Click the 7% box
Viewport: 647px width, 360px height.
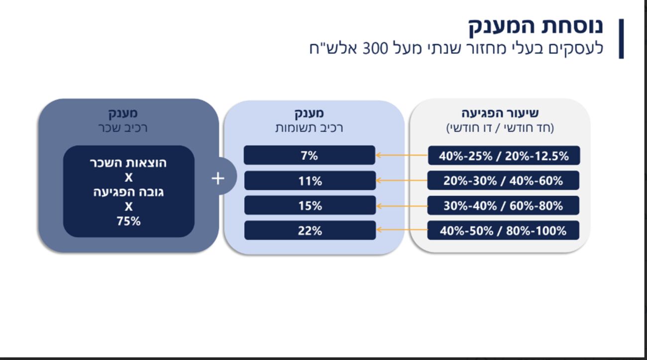tap(310, 155)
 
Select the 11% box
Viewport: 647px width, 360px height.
tap(310, 181)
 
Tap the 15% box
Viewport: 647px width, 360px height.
tap(310, 206)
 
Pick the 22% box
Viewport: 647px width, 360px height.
tap(310, 230)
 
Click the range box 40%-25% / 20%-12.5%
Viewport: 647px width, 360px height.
tap(504, 155)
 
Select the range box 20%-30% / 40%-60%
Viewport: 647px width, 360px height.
tap(503, 180)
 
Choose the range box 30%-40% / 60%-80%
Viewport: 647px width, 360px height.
tap(503, 206)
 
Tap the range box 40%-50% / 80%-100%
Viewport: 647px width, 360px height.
tap(503, 230)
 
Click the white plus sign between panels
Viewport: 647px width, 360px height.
tap(218, 178)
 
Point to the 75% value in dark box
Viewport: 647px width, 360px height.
tap(128, 221)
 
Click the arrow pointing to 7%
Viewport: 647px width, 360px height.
tap(402, 155)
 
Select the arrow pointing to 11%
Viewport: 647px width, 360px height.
tap(402, 180)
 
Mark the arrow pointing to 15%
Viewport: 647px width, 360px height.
tap(402, 206)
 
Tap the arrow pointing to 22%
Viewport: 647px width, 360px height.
tap(402, 230)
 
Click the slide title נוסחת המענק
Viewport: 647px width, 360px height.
tap(536, 26)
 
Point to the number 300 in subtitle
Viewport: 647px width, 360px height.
tap(375, 48)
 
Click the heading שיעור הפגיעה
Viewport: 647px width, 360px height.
tap(500, 113)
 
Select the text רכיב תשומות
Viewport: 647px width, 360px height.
tap(309, 128)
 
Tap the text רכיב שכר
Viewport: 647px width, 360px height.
tap(123, 128)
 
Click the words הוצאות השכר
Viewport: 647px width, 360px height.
tap(128, 163)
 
